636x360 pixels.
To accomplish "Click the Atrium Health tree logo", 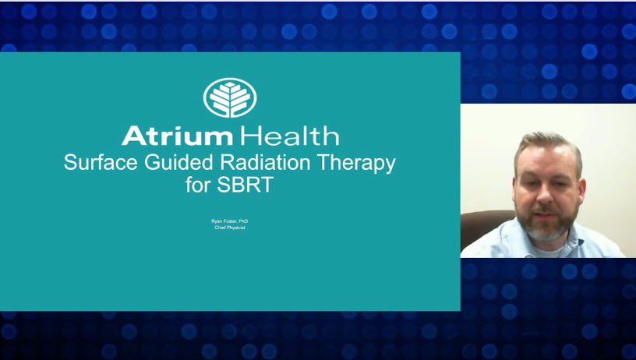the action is pos(230,97).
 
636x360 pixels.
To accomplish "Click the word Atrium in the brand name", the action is pos(177,136).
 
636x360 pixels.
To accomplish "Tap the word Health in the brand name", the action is pos(289,136).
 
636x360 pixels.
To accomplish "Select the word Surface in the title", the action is pos(101,163).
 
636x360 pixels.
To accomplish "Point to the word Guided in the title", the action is pos(179,163).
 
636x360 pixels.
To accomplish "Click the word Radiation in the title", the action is pos(265,162).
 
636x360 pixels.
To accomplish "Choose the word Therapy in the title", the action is pos(356,164).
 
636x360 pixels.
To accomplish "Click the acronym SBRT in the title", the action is pos(245,185).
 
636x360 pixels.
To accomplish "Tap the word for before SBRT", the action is pos(198,185).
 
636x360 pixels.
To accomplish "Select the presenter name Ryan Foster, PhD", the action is pos(230,221).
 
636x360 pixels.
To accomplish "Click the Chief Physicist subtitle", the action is pos(230,228).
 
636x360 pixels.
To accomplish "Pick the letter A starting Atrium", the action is pos(133,136).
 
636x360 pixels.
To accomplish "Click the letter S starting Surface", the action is pos(70,163).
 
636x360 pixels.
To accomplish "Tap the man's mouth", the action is pos(546,213).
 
